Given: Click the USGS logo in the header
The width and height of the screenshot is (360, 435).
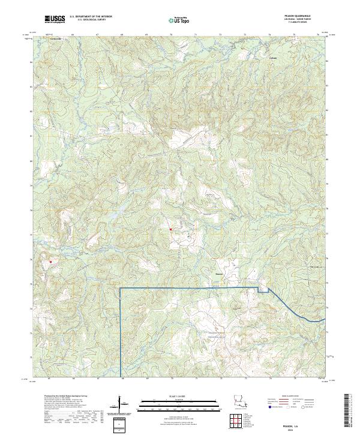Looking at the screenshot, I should point(54,19).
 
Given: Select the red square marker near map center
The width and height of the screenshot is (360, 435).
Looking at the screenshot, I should point(170,229).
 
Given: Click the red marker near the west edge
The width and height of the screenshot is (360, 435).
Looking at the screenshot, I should point(51,261).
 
